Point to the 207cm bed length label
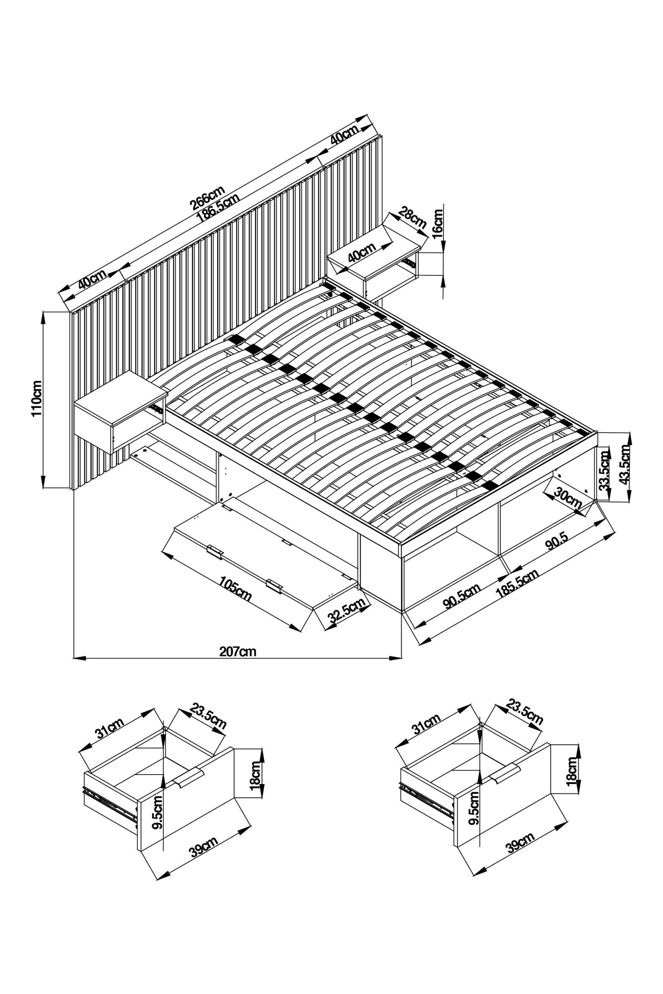[238, 651]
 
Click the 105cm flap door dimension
[235, 589]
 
